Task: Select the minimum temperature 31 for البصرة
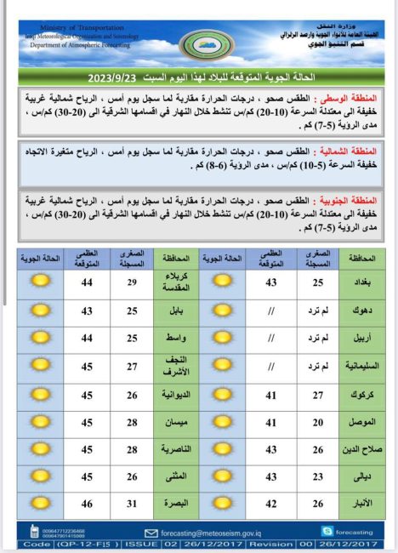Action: point(131,504)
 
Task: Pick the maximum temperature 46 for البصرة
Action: point(86,504)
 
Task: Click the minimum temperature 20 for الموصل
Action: point(316,423)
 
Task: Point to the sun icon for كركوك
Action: point(223,396)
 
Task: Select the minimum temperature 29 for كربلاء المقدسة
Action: point(131,282)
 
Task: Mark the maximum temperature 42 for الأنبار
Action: point(270,504)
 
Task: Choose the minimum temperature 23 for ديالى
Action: point(316,478)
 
